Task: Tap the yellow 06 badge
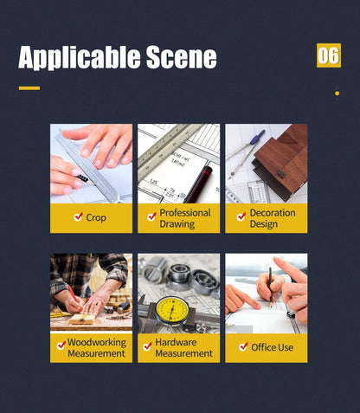(x=329, y=55)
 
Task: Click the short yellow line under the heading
(x=29, y=87)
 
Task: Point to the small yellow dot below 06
(x=337, y=94)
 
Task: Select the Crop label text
(x=96, y=218)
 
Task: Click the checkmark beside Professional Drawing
(x=151, y=217)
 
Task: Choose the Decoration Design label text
(x=273, y=218)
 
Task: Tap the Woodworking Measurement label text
(x=97, y=348)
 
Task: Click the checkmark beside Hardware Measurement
(x=147, y=345)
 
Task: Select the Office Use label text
(x=273, y=347)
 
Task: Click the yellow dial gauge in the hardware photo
(x=171, y=311)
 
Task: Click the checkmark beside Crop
(x=78, y=217)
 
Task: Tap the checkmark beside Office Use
(x=244, y=347)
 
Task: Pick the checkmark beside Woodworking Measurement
(x=61, y=345)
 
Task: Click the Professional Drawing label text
(x=185, y=218)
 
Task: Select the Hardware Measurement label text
(x=184, y=348)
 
